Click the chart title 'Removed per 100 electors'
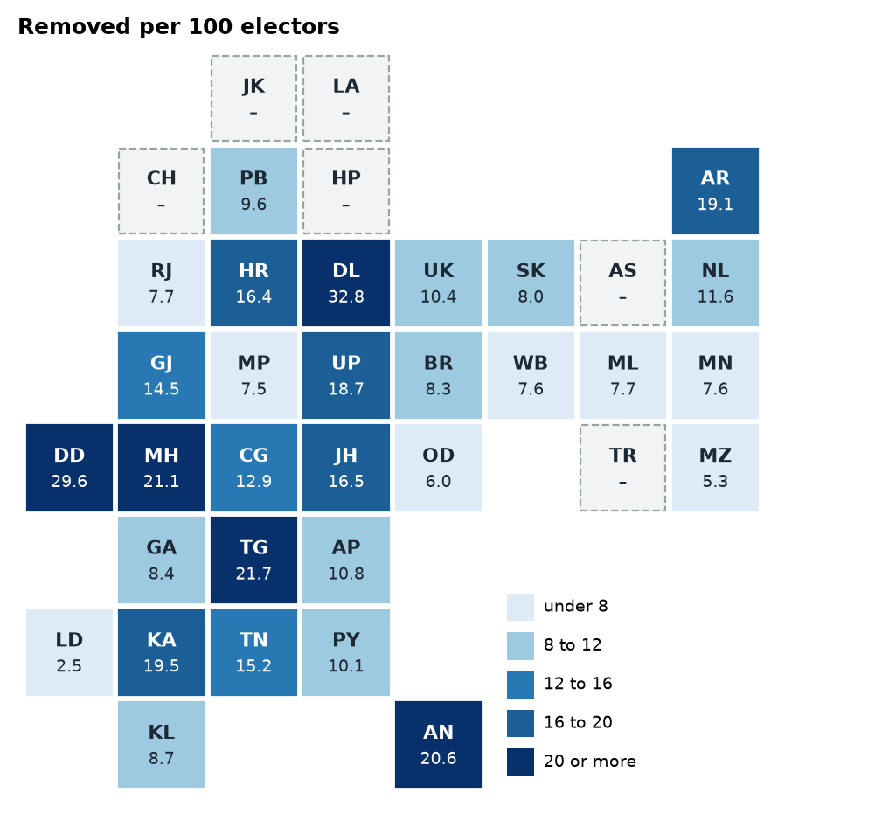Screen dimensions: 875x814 pos(178,27)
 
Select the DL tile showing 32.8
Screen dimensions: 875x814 pos(346,283)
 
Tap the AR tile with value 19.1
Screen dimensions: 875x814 pos(715,191)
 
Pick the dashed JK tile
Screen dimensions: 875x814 pos(253,98)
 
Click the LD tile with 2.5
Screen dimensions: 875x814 pos(69,652)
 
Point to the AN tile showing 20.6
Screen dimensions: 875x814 pos(438,745)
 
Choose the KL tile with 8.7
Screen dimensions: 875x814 pos(161,745)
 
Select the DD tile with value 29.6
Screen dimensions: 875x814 pos(69,468)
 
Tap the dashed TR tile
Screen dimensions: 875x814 pos(622,468)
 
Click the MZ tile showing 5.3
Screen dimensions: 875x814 pos(715,468)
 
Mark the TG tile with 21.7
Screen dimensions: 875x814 pos(253,560)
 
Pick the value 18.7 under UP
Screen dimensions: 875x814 pos(346,388)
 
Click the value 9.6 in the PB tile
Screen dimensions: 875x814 pos(253,205)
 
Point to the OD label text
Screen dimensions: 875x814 pos(438,455)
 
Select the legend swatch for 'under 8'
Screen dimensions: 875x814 pos(520,607)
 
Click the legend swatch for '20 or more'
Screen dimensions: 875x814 pos(520,762)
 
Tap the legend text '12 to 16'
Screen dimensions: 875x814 pos(578,684)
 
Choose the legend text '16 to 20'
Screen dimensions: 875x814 pos(578,722)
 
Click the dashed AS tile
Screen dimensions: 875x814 pos(622,283)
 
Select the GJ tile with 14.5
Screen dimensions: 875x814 pos(161,375)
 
